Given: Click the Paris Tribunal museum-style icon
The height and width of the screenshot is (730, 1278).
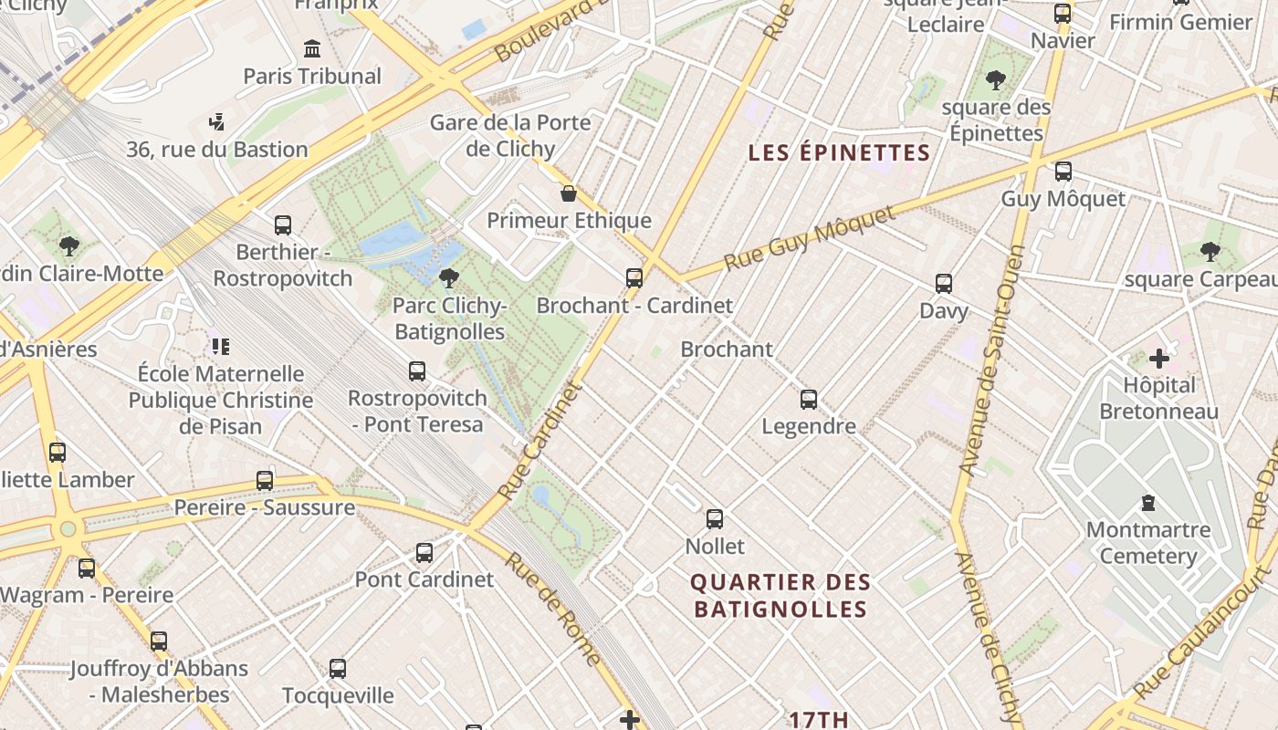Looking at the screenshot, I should point(312,48).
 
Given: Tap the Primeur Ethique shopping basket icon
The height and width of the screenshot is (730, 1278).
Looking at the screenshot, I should point(569,193).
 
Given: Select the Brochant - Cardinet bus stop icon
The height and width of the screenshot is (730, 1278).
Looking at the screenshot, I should point(634,278).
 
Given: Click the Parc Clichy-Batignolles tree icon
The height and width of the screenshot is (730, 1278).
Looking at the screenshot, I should point(448,277).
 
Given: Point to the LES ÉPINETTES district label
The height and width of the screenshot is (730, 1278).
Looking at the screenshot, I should point(839,152).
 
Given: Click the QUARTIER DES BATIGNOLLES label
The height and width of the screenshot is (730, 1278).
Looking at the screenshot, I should point(780,595).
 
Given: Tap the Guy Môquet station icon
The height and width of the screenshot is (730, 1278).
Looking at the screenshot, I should point(1063,172).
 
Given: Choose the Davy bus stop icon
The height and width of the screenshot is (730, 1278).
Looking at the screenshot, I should point(944,284).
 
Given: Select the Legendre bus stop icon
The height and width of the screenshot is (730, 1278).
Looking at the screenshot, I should point(809,400).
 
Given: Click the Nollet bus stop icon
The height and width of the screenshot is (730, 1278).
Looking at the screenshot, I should point(715,519).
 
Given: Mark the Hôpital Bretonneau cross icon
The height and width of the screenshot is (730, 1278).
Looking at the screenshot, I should point(1158,359).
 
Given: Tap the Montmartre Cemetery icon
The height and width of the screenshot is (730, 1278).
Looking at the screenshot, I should point(1147,503).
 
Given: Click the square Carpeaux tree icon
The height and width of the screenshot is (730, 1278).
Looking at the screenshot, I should point(1210,252).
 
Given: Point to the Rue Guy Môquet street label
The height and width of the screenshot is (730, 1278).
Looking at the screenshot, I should point(810,238).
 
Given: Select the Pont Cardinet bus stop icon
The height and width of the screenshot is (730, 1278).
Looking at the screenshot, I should point(424,553).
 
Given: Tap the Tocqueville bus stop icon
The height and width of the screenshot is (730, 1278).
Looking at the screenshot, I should point(338,669).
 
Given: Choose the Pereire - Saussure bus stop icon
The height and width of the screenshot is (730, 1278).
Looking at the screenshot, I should point(265,481).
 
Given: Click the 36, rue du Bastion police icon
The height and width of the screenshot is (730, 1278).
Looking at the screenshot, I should point(216,121).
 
